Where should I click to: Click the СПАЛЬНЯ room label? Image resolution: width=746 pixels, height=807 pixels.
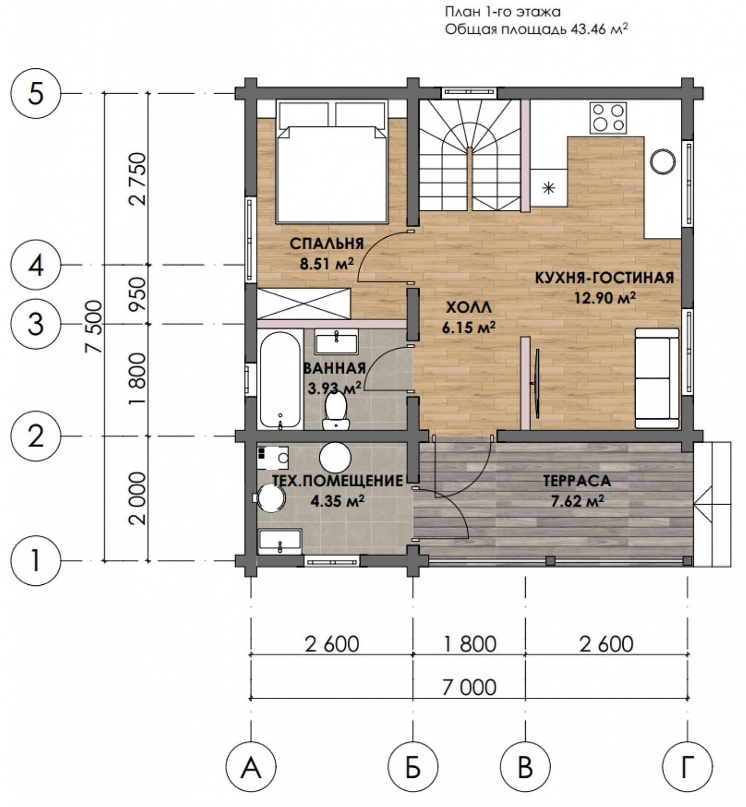326,243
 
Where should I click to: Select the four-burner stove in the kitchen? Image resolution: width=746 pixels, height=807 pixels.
608,117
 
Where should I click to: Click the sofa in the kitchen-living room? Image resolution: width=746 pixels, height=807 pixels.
656,378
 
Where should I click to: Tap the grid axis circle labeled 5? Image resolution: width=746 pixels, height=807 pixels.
36,94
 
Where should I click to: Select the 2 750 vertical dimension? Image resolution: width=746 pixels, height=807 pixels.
137,179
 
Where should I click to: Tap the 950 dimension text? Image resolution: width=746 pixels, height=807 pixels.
137,294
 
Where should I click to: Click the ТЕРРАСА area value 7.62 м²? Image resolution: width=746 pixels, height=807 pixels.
576,501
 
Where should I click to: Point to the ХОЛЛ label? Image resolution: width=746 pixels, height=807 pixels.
468,307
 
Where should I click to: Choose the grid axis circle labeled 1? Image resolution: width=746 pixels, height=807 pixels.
36,561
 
